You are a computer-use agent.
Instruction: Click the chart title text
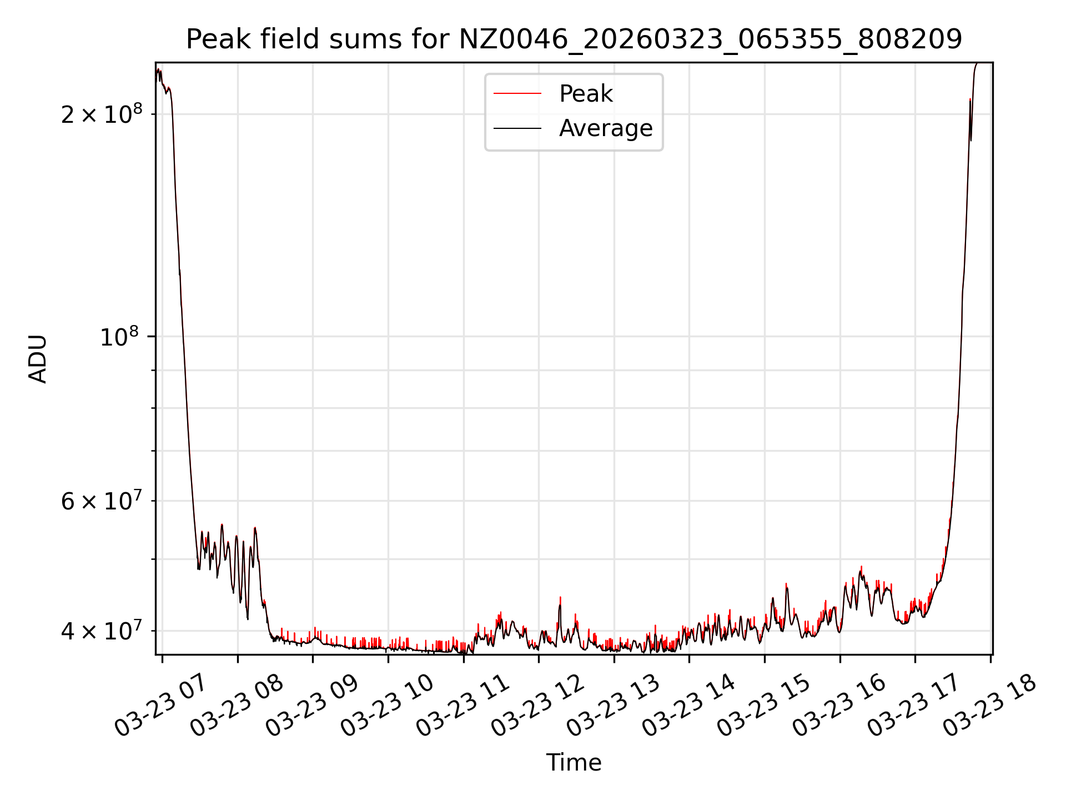click(574, 39)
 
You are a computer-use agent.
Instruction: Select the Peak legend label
click(586, 94)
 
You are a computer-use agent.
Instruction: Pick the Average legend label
click(606, 128)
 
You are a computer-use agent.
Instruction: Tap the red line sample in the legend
click(517, 94)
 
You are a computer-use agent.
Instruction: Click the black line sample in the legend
click(517, 128)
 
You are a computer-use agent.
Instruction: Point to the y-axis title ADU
click(38, 359)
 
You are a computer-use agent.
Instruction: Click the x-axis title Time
click(574, 763)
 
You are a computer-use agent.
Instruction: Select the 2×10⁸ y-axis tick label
click(102, 114)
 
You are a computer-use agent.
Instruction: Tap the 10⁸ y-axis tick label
click(121, 337)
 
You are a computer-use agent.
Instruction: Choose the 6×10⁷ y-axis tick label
click(102, 501)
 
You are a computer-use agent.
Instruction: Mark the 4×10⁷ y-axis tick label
click(102, 631)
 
